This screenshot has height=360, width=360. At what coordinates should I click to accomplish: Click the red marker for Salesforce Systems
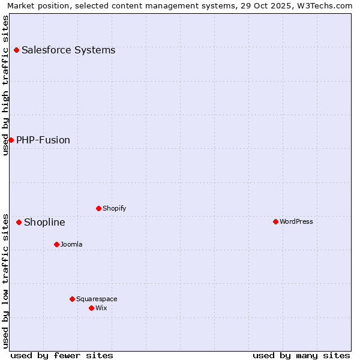pyautogui.click(x=16, y=50)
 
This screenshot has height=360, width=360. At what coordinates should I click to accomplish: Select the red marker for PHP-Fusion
pyautogui.click(x=11, y=140)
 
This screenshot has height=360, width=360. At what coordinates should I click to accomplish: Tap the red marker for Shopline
pyautogui.click(x=19, y=222)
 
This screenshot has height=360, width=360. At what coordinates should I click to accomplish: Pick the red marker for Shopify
pyautogui.click(x=98, y=208)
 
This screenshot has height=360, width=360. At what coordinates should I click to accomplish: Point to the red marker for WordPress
pyautogui.click(x=275, y=221)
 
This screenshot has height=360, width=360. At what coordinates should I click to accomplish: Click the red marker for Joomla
pyautogui.click(x=56, y=244)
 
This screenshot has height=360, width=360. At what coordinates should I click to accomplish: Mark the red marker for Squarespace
pyautogui.click(x=72, y=299)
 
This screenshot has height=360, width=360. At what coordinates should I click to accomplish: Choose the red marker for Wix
pyautogui.click(x=91, y=308)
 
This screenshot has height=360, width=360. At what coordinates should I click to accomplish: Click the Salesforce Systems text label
pyautogui.click(x=68, y=50)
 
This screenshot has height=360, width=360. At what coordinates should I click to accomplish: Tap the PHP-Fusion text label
pyautogui.click(x=43, y=140)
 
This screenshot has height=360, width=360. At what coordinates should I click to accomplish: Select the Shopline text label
pyautogui.click(x=44, y=223)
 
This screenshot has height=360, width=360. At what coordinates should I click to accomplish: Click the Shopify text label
pyautogui.click(x=114, y=209)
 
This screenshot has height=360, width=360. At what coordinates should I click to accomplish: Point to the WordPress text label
pyautogui.click(x=296, y=222)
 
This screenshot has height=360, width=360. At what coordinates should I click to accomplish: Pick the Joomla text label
pyautogui.click(x=71, y=245)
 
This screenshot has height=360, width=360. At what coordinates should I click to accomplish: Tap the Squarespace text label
pyautogui.click(x=97, y=299)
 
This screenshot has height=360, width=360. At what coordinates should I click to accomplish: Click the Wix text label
pyautogui.click(x=101, y=308)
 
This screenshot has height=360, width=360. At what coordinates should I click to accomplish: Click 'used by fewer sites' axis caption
pyautogui.click(x=62, y=355)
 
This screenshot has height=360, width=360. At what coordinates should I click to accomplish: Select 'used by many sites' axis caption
pyautogui.click(x=301, y=355)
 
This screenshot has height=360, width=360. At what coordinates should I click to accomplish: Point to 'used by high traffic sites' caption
pyautogui.click(x=5, y=85)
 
